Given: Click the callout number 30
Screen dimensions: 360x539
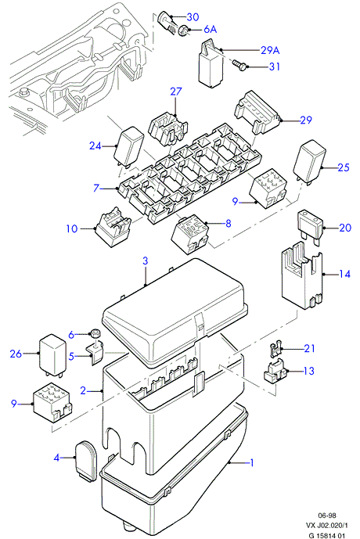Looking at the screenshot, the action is [x=193, y=16].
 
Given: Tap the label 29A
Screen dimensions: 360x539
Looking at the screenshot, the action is [x=270, y=50].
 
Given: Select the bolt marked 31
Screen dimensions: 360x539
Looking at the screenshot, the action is [x=238, y=65].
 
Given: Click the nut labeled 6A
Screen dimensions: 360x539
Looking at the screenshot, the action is [x=184, y=31].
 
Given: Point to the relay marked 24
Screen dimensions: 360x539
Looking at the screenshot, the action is [x=128, y=146].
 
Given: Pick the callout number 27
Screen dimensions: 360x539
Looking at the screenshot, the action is [x=176, y=92].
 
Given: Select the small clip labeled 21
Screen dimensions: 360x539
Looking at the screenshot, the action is [x=275, y=349].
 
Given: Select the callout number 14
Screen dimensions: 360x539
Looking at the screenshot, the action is [x=344, y=274].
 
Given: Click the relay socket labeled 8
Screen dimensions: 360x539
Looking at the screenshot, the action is [x=190, y=234].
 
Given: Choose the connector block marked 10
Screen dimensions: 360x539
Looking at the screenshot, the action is [x=113, y=227].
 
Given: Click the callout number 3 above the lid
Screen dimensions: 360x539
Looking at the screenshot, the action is [x=145, y=261].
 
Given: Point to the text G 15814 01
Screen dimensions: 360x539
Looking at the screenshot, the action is [x=326, y=535].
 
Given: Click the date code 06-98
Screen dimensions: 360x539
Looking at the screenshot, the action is [x=326, y=516].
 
